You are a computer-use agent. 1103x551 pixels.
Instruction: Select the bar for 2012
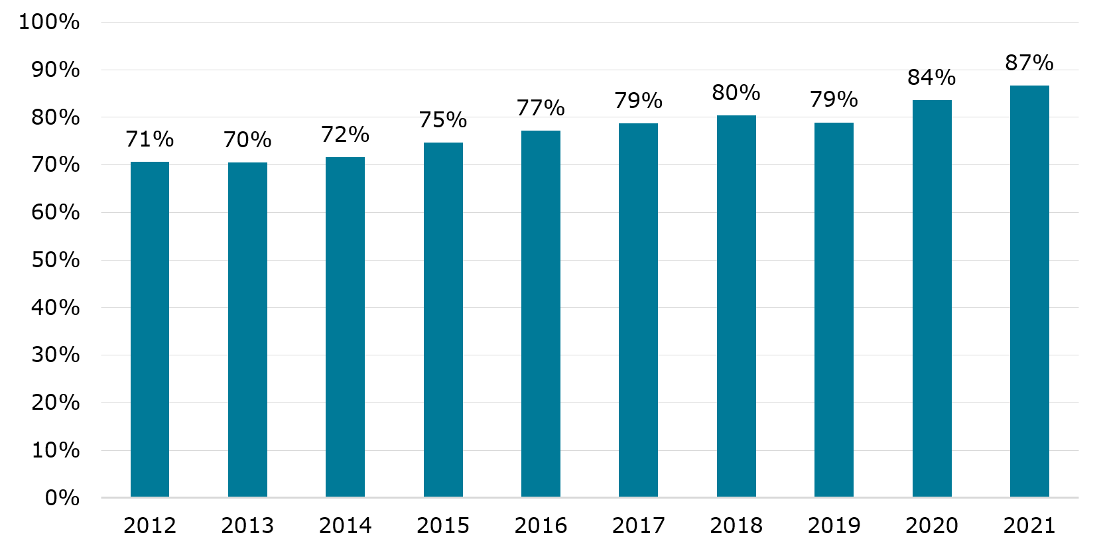pyautogui.click(x=150, y=330)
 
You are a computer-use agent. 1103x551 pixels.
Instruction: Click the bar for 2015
pyautogui.click(x=443, y=320)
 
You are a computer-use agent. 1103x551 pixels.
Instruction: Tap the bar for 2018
pyautogui.click(x=736, y=306)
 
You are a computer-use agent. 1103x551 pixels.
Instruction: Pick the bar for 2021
pyautogui.click(x=1029, y=291)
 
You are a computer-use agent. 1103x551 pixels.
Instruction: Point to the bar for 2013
pyautogui.click(x=247, y=330)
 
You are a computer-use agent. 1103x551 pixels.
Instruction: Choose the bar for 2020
pyautogui.click(x=932, y=298)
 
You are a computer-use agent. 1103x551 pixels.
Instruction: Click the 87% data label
pyautogui.click(x=1029, y=63)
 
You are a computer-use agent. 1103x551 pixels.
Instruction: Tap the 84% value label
pyautogui.click(x=932, y=78)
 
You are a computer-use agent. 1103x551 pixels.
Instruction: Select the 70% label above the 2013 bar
pyautogui.click(x=247, y=140)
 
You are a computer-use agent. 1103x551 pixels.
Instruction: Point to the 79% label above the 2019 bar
pyautogui.click(x=834, y=99)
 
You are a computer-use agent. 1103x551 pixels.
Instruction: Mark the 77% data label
pyautogui.click(x=541, y=107)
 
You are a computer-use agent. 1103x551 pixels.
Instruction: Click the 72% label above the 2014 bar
pyautogui.click(x=345, y=135)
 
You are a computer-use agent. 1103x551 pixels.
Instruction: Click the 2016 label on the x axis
pyautogui.click(x=541, y=526)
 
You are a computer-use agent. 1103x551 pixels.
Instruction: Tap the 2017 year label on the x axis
pyautogui.click(x=639, y=526)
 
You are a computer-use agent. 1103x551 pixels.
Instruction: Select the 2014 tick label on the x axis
pyautogui.click(x=345, y=526)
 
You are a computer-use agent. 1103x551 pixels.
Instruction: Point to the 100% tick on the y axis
pyautogui.click(x=49, y=22)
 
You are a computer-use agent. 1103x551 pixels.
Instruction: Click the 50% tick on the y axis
pyautogui.click(x=56, y=260)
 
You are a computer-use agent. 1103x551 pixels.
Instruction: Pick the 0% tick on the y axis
pyautogui.click(x=62, y=498)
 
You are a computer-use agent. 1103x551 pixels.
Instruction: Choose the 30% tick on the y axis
pyautogui.click(x=56, y=355)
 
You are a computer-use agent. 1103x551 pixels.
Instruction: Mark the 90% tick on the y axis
pyautogui.click(x=56, y=70)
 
